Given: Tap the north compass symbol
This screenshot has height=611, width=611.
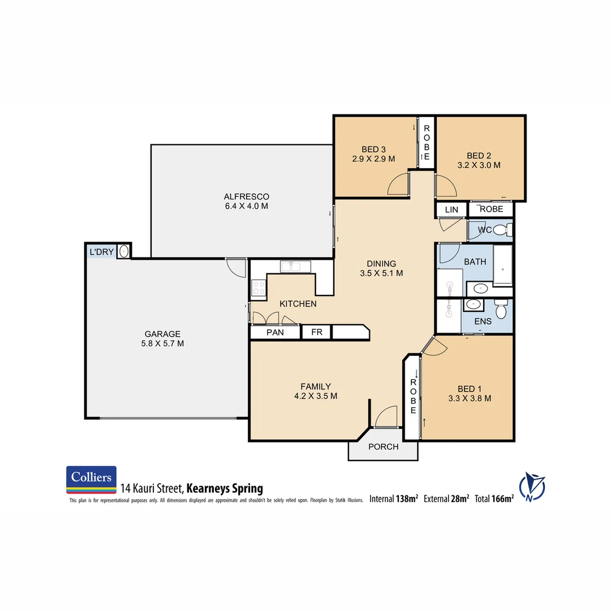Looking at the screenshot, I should tap(532, 486).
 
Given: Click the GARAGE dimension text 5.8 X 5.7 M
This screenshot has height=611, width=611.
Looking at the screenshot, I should tap(162, 343).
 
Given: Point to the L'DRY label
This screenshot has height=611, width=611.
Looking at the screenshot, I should tap(101, 251).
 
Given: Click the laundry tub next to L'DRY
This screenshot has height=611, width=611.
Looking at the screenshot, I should tap(124, 252).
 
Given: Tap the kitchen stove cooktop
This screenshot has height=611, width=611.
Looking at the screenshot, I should tap(259, 288).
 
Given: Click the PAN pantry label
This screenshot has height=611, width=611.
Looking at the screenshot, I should tap(275, 332).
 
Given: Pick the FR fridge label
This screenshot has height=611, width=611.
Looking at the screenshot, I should tap(317, 332).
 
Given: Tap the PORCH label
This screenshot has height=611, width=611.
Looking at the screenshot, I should tap(383, 447).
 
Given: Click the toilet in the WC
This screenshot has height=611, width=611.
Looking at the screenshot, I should tap(501, 230).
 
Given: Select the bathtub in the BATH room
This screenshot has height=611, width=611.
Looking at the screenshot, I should tap(502, 265).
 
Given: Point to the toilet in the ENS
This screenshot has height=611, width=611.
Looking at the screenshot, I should tap(500, 310).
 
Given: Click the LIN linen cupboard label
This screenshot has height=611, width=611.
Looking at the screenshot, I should tap(451, 210).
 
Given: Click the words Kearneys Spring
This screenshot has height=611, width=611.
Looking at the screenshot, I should tap(225, 488).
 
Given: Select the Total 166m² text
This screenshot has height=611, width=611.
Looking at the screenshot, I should tap(494, 499).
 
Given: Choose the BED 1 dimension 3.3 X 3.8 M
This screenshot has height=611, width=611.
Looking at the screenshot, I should tap(469, 398).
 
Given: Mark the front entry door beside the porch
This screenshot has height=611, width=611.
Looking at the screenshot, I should tap(387, 417).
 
